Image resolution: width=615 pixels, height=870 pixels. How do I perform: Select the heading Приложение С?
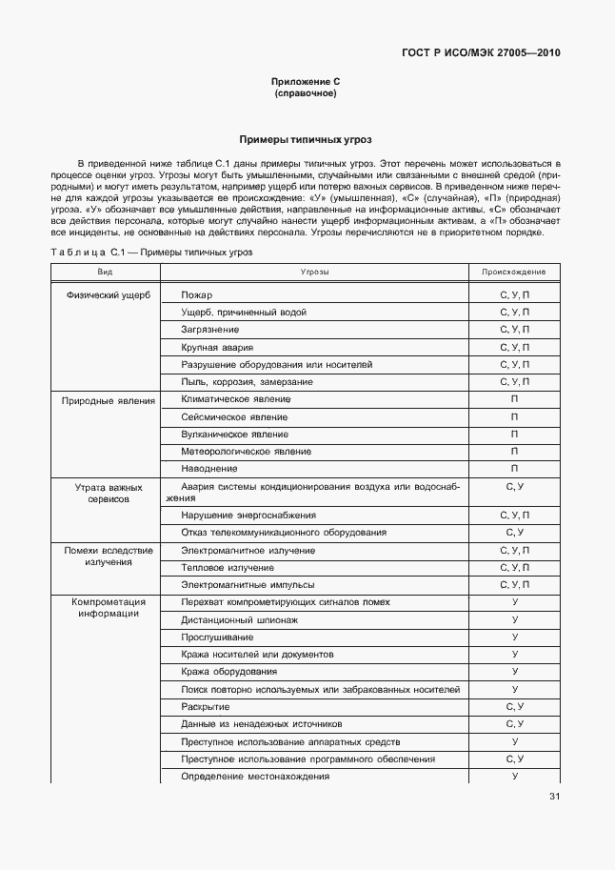click(x=306, y=83)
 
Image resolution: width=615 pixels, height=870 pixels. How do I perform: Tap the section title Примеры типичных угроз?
click(x=306, y=139)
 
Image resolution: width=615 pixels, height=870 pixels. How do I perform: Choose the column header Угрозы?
click(x=314, y=273)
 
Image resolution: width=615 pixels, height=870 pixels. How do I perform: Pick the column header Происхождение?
click(x=514, y=273)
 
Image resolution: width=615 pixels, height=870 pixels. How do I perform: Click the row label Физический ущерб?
click(x=109, y=295)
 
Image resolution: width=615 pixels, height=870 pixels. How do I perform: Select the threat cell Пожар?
click(x=197, y=295)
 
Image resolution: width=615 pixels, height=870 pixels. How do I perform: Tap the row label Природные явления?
click(x=109, y=400)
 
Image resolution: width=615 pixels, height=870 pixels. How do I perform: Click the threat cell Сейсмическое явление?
click(x=234, y=416)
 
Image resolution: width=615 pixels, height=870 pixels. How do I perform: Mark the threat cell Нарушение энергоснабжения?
click(x=248, y=515)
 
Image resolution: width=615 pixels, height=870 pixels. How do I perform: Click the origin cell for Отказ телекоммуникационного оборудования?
click(x=514, y=532)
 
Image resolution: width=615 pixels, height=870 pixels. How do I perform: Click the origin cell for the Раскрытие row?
click(x=514, y=706)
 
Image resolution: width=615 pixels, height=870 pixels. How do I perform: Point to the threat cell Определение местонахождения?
click(x=255, y=776)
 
